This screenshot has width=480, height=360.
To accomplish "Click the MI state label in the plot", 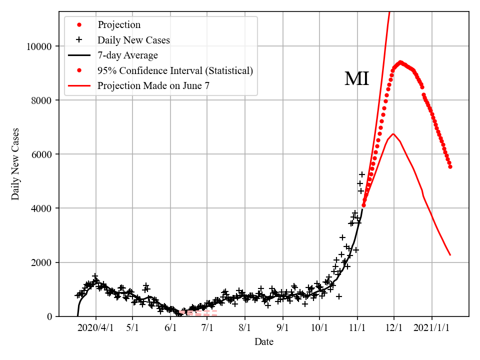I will (x=356, y=79).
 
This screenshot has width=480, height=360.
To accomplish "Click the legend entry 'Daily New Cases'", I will (x=133, y=40).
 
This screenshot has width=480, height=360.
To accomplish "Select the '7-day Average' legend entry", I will (x=127, y=55).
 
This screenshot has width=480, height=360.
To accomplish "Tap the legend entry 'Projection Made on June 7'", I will (x=153, y=85).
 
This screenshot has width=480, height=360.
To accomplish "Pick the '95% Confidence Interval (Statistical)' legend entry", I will (x=175, y=70).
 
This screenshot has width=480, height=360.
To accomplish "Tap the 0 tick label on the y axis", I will (x=49, y=316).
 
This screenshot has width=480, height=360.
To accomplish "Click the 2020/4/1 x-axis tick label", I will (x=95, y=328).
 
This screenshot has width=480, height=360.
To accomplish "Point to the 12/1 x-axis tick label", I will (x=394, y=328).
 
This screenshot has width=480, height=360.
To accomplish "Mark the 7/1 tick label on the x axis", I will (x=207, y=328).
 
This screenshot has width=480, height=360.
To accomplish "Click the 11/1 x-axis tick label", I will (x=357, y=328).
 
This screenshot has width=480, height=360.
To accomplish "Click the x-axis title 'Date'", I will (x=263, y=342).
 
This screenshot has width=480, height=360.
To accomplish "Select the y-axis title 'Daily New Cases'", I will (x=15, y=164).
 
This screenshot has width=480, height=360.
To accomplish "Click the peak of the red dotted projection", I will (x=400, y=62).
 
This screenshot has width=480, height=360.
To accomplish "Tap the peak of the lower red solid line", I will (x=393, y=133).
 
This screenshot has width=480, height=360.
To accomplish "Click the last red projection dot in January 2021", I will (x=450, y=166).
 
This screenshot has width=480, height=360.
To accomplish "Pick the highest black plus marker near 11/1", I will (x=362, y=174).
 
